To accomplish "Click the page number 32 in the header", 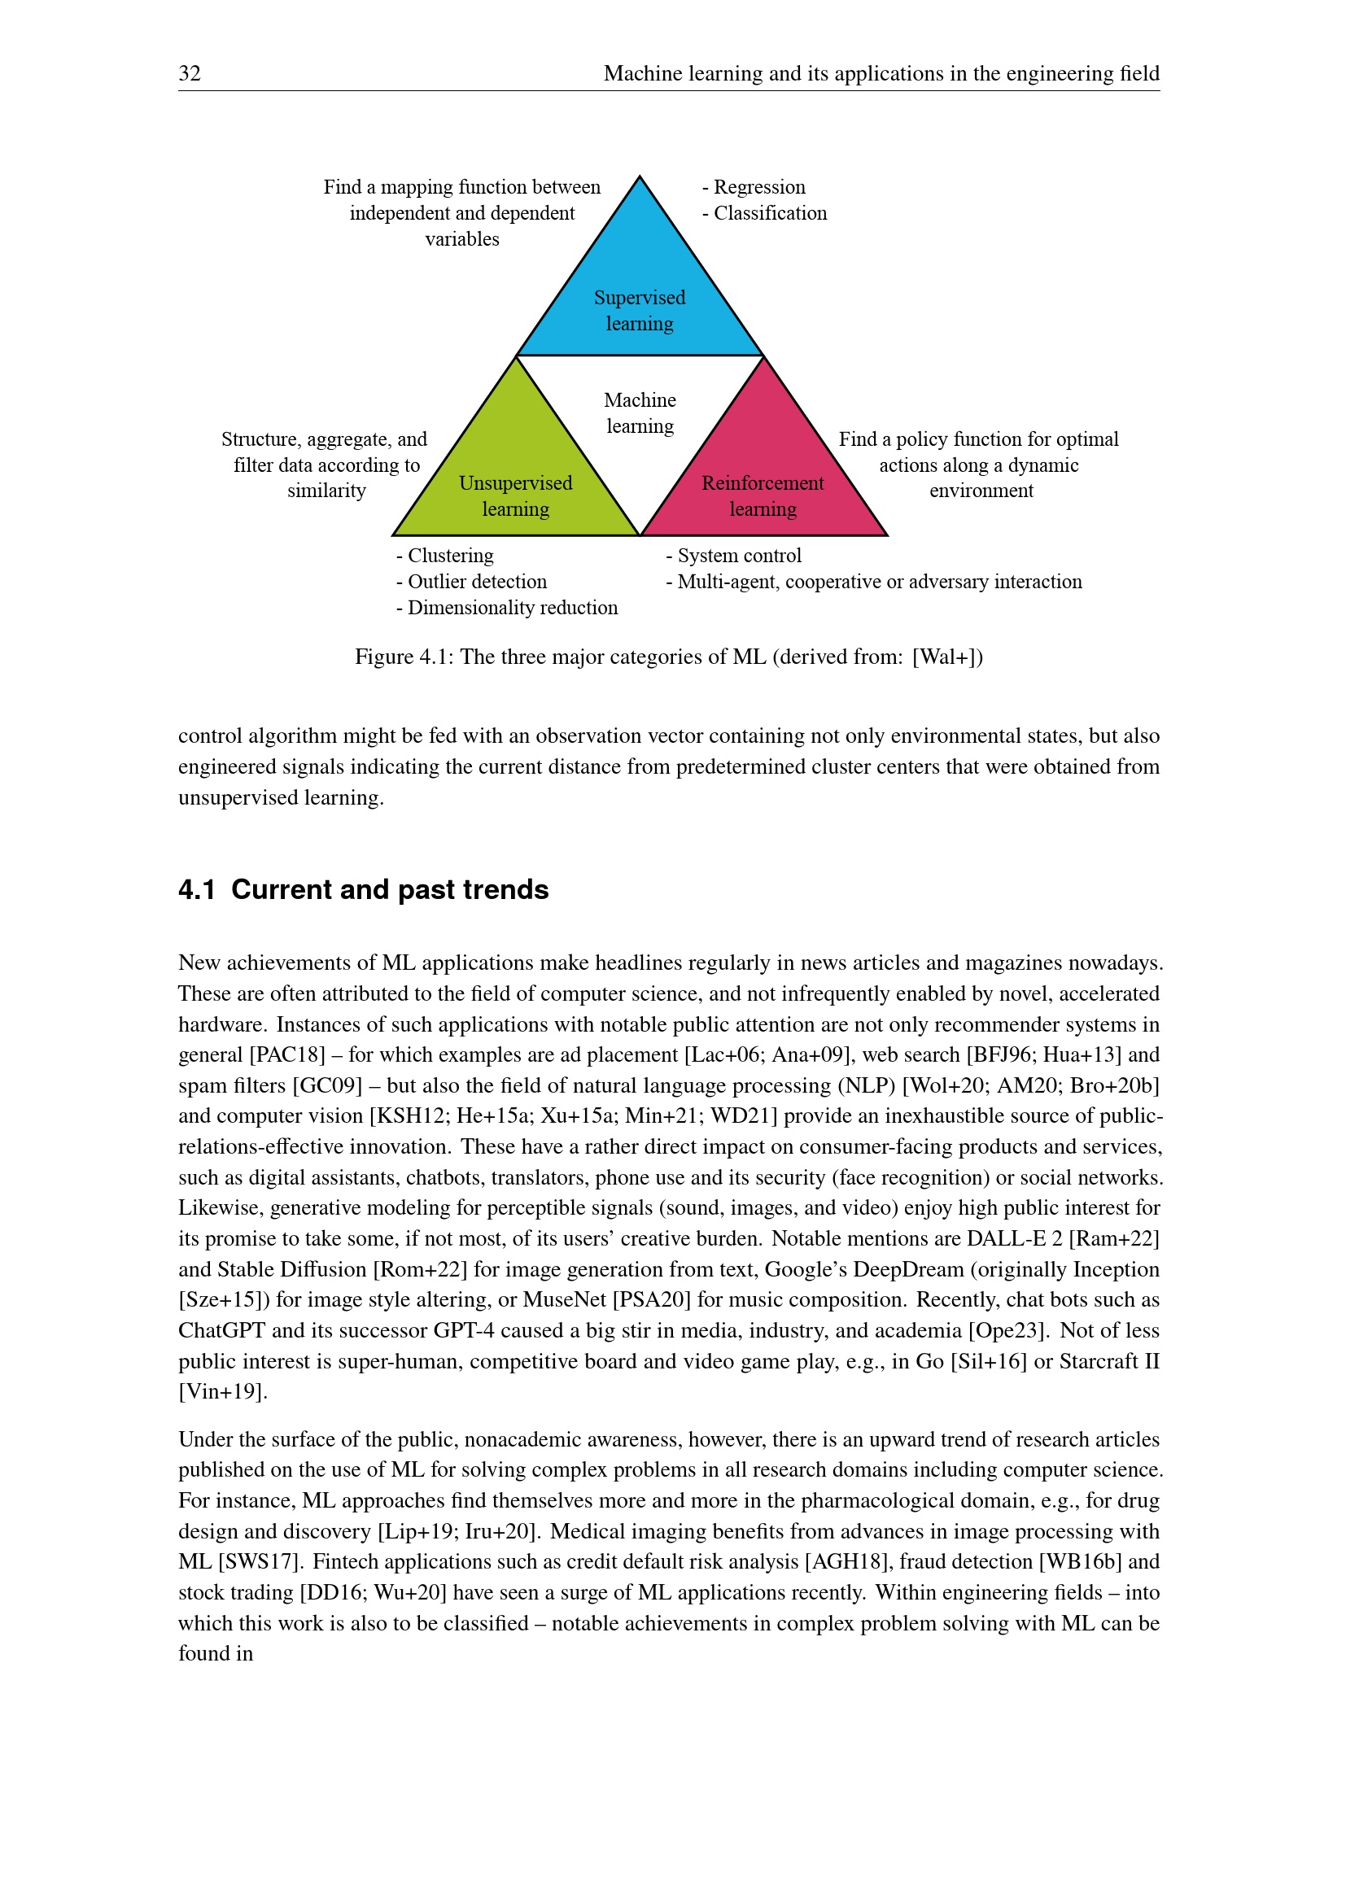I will pos(190,74).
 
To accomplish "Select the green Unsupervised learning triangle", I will pos(515,481).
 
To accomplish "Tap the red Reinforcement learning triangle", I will pos(763,481).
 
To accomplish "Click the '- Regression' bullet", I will pos(754,187).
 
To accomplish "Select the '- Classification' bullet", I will pos(764,213).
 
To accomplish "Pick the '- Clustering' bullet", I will pos(445,556).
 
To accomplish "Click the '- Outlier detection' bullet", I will pos(472,582).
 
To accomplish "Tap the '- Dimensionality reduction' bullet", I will pos(507,608).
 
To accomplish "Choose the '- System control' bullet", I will pos(733,556).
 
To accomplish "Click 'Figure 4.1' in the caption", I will pos(401,657).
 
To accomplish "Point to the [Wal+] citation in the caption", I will pos(947,657).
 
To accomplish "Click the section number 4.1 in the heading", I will pos(196,889).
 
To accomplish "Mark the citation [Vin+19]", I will pos(223,1391).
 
